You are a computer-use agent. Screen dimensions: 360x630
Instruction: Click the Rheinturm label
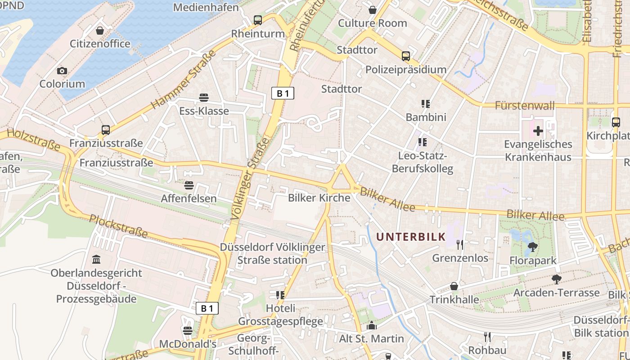coord(258,34)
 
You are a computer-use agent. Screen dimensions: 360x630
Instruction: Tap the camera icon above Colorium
coord(62,71)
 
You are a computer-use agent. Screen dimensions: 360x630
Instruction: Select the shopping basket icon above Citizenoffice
coord(100,31)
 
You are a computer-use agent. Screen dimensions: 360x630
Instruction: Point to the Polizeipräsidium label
coord(405,69)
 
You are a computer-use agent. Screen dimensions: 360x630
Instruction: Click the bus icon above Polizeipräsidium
coord(405,56)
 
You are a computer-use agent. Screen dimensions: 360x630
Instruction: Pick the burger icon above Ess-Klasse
coord(203,98)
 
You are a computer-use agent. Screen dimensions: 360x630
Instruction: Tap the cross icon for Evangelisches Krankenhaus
coord(538,131)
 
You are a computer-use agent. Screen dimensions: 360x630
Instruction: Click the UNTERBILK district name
coord(411,237)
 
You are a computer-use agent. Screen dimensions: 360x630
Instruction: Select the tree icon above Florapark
coord(533,247)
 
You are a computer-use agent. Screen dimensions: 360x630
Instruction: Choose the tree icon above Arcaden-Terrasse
coord(556,279)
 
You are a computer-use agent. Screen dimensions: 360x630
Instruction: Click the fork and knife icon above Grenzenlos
coord(459,244)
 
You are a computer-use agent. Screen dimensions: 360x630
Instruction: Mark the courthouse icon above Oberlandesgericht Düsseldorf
coord(96,260)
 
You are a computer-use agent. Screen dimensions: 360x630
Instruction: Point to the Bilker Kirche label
coord(319,198)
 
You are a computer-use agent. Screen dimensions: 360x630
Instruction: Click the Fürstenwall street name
coord(525,106)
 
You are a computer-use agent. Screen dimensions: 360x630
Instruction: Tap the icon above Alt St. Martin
coord(372,325)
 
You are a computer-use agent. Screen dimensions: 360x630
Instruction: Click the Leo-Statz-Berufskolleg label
coord(423,162)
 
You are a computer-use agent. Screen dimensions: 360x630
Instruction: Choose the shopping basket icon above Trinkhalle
coord(454,286)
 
